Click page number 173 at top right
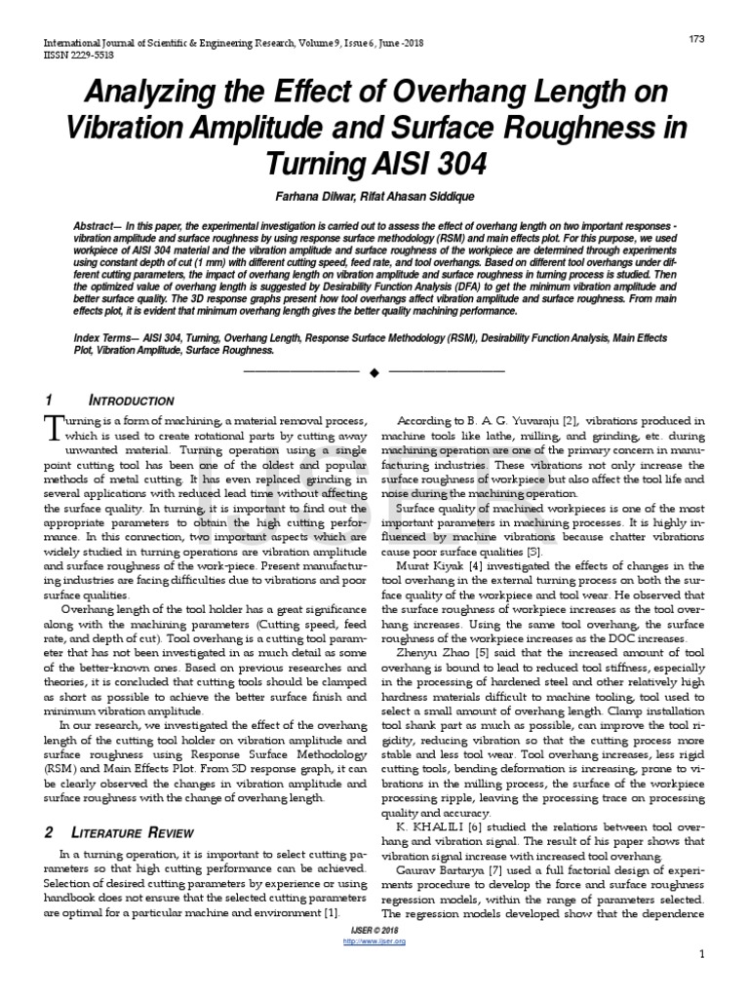click(696, 38)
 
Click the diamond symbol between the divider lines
click(374, 371)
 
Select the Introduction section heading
click(132, 401)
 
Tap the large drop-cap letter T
click(54, 426)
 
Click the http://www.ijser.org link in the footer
click(374, 941)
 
